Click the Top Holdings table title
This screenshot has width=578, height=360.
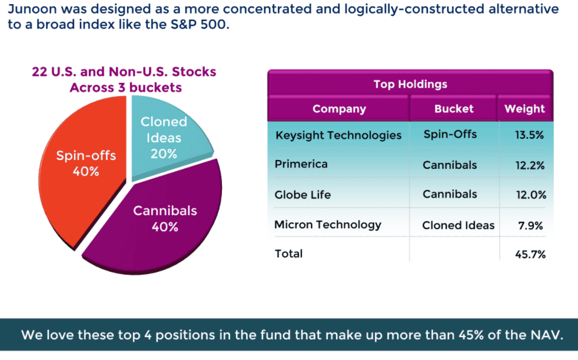[x=410, y=84]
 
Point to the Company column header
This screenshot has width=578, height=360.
[x=339, y=109]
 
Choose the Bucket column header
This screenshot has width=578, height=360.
[x=454, y=109]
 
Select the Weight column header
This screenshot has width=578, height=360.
[x=524, y=109]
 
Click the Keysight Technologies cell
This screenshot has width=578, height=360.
[x=338, y=135]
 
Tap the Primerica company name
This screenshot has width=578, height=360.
[x=301, y=164]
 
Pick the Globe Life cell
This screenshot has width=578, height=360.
[x=303, y=195]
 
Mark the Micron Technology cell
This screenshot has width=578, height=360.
[x=328, y=225]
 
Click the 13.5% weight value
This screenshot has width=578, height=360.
[x=530, y=135]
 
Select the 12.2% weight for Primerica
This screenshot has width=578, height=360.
[x=530, y=165]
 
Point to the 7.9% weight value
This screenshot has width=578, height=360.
[x=532, y=225]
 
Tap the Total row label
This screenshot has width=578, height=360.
[x=288, y=254]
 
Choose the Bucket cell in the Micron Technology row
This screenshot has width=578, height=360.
[x=459, y=225]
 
